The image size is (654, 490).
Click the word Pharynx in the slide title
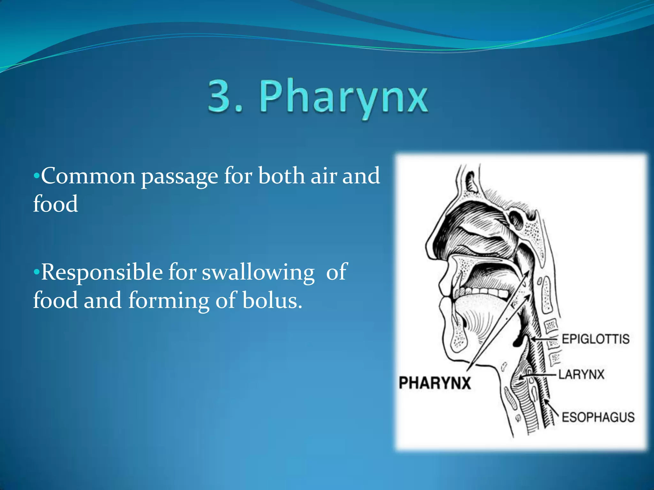tap(343, 97)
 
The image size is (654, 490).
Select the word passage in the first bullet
tap(179, 176)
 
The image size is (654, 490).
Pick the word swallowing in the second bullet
tap(258, 273)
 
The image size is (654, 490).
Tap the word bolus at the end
tap(272, 301)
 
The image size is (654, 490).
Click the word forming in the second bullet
tap(169, 301)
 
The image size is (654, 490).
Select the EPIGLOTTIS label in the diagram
tap(596, 339)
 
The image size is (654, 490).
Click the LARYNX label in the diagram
tap(581, 374)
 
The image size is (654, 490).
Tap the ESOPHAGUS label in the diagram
tap(598, 417)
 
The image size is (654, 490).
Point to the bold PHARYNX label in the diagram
tap(435, 383)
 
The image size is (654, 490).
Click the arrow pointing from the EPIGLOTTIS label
tap(544, 340)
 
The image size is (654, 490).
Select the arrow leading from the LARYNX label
tap(538, 376)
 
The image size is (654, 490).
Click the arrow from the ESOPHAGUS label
tap(551, 407)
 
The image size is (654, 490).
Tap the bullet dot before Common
tap(37, 176)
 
